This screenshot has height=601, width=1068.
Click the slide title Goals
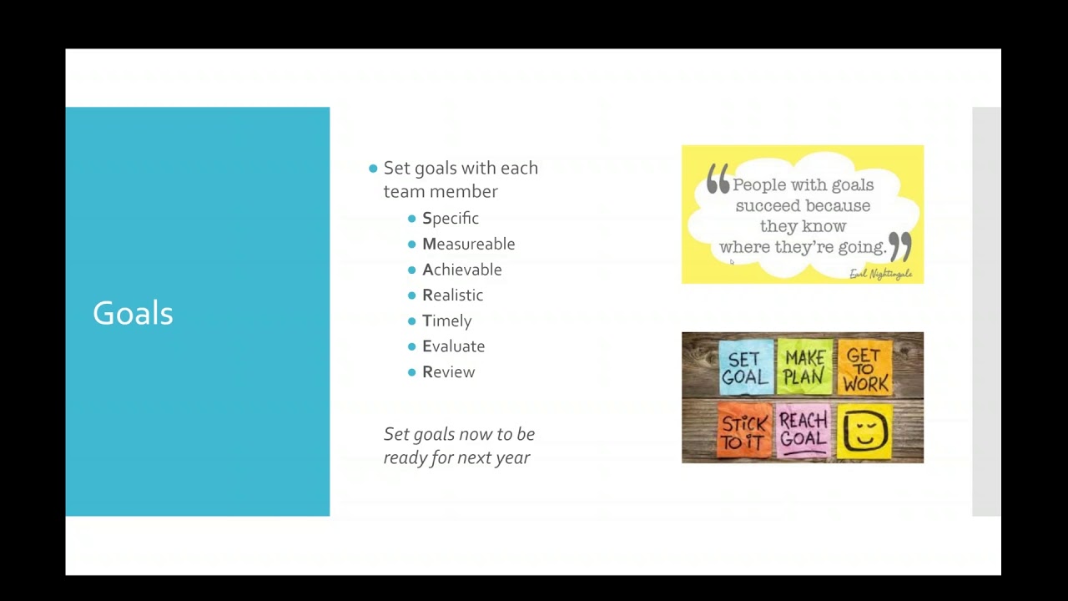[x=133, y=313]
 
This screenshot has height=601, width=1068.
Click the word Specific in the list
[x=451, y=219]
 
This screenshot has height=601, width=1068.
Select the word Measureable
[x=469, y=244]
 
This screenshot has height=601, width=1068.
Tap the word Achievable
[x=462, y=270]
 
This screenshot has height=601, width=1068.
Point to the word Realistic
[x=453, y=295]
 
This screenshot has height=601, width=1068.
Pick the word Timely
[x=447, y=321]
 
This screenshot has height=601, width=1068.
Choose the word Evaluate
[x=454, y=346]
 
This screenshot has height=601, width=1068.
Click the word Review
[x=449, y=372]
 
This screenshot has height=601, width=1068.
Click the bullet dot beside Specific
[x=412, y=219]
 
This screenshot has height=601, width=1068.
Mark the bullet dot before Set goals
[x=373, y=169]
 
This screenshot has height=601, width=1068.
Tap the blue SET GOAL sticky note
[x=744, y=367]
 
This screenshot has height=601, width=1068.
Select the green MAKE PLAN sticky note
[x=804, y=366]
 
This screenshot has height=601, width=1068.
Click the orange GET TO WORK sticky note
[x=865, y=367]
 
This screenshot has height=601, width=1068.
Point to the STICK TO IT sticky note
[x=744, y=431]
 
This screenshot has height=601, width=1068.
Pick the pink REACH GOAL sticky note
[x=804, y=431]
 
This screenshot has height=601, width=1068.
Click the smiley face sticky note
[x=864, y=431]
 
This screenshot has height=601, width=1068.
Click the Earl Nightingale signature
[x=880, y=274]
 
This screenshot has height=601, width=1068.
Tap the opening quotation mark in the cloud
[x=718, y=178]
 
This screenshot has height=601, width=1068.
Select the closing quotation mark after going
[x=900, y=245]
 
